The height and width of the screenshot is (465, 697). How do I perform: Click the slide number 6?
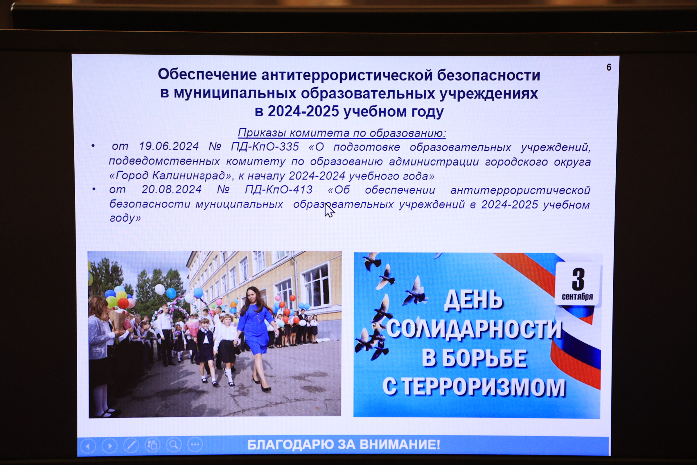(x=609, y=67)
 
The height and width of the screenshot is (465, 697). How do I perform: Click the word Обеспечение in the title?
(x=207, y=74)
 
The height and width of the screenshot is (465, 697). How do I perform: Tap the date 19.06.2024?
(x=169, y=146)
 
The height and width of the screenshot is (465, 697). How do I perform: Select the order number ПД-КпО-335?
(x=265, y=146)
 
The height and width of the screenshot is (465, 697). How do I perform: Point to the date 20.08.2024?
(x=172, y=189)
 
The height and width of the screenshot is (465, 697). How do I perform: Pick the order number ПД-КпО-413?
(x=279, y=190)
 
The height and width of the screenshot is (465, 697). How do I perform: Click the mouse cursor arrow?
(x=329, y=210)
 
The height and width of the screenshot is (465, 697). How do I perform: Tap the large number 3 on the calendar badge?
(x=578, y=279)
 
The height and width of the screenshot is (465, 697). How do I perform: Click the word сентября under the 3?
(x=577, y=296)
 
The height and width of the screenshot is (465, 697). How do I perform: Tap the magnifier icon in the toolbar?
(x=174, y=445)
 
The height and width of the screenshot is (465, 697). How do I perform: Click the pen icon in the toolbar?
(x=131, y=445)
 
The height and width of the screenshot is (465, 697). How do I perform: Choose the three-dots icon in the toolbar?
(x=195, y=445)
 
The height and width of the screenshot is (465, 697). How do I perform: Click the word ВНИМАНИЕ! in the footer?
(x=400, y=445)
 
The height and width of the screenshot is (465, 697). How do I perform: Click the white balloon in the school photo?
(x=160, y=289)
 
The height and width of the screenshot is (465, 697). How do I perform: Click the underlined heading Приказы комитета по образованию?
(x=342, y=133)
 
